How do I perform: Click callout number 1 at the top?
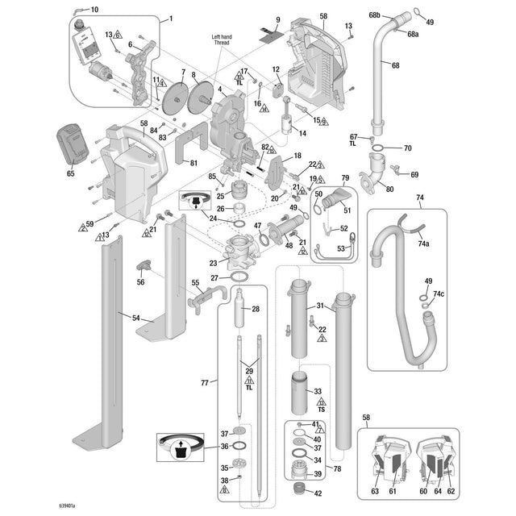pos(170,18)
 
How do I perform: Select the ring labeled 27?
pos(239,277)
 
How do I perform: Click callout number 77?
pos(204,382)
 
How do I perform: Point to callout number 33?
pos(318,390)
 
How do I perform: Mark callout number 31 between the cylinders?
pos(319,306)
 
